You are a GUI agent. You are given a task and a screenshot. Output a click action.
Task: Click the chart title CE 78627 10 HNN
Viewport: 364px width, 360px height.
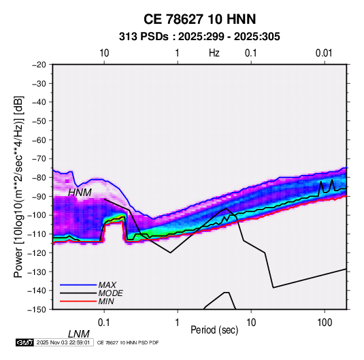click(x=199, y=19)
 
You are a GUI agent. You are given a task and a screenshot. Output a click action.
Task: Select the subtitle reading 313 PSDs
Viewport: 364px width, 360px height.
click(x=144, y=37)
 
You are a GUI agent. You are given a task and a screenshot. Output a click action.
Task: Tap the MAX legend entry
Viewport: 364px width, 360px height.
click(x=107, y=285)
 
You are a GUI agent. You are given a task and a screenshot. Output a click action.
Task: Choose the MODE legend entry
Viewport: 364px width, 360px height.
click(x=110, y=293)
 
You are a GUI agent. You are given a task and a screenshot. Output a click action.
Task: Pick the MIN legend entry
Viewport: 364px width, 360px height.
click(x=106, y=301)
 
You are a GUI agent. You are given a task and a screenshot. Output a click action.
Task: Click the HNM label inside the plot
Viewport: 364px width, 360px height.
click(x=80, y=193)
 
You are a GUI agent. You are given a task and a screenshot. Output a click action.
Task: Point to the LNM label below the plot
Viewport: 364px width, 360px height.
click(x=79, y=334)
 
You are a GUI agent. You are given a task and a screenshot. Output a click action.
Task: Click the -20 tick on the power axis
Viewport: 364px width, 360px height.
click(x=39, y=65)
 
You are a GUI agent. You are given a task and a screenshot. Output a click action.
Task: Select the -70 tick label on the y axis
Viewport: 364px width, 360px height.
click(x=39, y=159)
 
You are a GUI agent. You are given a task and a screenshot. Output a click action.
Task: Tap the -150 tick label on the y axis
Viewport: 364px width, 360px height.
click(x=37, y=310)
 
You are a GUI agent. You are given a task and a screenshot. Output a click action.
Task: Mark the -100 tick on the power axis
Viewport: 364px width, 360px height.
click(x=37, y=215)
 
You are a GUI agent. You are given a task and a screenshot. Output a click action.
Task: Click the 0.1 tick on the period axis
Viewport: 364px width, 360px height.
click(x=104, y=323)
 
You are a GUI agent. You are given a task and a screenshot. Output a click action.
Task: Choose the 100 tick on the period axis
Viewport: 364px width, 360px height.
click(x=325, y=323)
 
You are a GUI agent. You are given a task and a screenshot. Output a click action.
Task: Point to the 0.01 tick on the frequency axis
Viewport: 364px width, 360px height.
click(x=324, y=53)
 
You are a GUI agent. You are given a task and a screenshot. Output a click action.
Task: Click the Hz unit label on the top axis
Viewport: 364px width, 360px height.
click(x=214, y=53)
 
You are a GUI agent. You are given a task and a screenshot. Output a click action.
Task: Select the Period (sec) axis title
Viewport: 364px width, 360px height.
click(x=214, y=330)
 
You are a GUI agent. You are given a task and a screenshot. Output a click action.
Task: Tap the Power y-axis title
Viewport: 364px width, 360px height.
click(x=18, y=187)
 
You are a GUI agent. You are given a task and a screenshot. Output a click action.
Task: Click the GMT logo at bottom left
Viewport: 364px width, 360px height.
click(x=24, y=342)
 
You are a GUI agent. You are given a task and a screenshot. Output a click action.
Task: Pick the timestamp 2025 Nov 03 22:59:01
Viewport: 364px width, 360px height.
click(x=63, y=342)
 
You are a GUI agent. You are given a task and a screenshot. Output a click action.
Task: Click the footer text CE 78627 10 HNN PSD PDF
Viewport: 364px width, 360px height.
click(x=128, y=343)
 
